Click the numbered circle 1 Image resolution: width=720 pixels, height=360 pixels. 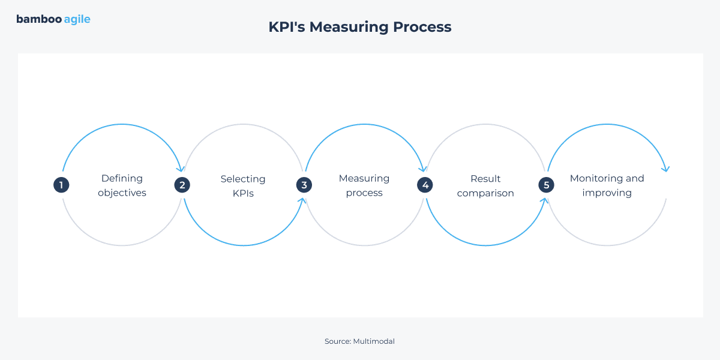(61, 185)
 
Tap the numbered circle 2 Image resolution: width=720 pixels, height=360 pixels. (182, 185)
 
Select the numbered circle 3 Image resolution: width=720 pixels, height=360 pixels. (304, 185)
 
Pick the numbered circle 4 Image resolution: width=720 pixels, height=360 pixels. (425, 185)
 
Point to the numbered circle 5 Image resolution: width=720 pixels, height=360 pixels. (546, 185)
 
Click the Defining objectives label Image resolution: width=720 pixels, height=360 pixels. (122, 185)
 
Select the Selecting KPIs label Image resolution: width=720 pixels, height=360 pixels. (243, 185)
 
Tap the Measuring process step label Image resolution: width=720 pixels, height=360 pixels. (364, 185)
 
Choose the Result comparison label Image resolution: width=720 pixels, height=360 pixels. (485, 185)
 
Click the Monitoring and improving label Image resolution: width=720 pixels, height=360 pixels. (607, 185)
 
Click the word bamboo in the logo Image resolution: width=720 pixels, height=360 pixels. (38, 19)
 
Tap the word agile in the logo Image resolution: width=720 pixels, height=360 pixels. (77, 19)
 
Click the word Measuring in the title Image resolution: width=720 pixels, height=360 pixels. (349, 27)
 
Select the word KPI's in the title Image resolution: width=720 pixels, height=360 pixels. (286, 27)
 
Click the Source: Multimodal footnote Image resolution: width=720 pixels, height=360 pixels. (359, 341)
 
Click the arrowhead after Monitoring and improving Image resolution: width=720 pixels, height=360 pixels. (665, 169)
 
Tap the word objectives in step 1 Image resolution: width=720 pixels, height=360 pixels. (122, 193)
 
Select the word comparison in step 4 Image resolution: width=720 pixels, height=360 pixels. (485, 193)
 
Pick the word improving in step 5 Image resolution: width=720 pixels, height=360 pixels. (607, 193)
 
